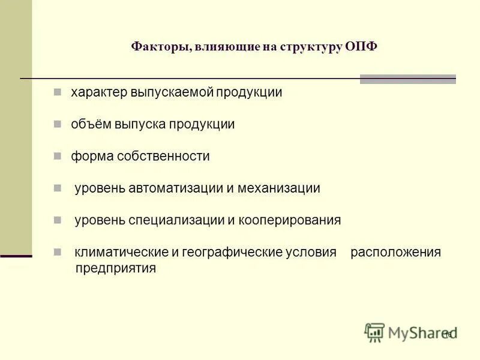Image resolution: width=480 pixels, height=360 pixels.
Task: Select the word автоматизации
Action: [x=175, y=188]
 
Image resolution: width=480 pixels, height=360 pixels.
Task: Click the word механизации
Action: [x=279, y=188]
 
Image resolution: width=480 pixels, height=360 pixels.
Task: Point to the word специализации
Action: [x=176, y=220]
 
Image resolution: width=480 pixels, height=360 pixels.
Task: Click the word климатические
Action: [x=122, y=252]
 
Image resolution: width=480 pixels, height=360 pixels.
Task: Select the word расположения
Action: [x=395, y=252]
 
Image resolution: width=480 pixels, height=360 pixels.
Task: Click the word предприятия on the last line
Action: [x=116, y=268]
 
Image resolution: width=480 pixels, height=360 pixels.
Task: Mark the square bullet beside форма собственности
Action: [x=57, y=157]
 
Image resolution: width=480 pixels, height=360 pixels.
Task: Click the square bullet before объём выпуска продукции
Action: [x=57, y=125]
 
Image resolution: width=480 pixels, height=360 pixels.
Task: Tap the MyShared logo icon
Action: [x=374, y=332]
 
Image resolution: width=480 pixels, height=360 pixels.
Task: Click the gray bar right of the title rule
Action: [x=407, y=79]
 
